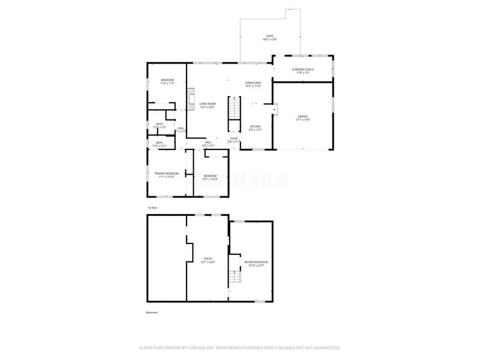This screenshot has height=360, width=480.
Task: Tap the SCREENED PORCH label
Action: pos(302,70)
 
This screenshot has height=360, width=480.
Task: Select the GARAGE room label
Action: pos(302,116)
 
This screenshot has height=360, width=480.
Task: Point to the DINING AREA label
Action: pos(253,83)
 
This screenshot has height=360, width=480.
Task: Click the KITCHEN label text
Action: pos(255,127)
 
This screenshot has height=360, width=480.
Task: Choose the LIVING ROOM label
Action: pos(207,104)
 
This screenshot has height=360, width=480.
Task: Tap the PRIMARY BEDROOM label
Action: pos(166,173)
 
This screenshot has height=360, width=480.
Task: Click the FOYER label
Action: pos(234,139)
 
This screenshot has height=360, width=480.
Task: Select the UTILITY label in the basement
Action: pos(207,259)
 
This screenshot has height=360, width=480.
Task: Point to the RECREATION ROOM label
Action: pos(256,262)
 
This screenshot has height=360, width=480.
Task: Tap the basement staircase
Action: pos(235,278)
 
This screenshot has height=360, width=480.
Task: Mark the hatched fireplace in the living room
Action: pos(191,97)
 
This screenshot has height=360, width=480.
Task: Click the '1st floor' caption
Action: pos(153,208)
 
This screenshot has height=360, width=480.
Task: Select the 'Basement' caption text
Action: pos(152,313)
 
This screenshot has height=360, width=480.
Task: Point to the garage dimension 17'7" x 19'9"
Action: pos(302,119)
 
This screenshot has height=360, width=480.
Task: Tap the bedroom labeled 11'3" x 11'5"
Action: pos(167,83)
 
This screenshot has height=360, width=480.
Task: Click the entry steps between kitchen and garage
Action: pos(275,108)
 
